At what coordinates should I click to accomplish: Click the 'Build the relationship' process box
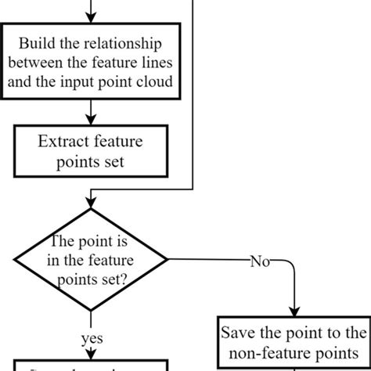93,62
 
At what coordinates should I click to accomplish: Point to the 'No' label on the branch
258,261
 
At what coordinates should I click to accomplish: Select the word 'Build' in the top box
36,43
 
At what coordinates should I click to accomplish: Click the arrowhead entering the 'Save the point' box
294,311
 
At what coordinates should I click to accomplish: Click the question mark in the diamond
125,277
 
